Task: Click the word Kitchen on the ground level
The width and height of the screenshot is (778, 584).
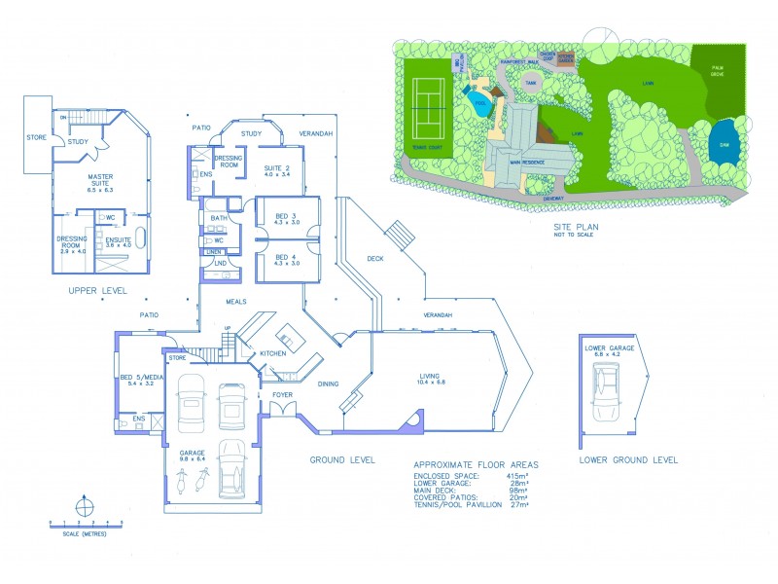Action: [272, 352]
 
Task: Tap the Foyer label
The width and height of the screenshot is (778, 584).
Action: [282, 395]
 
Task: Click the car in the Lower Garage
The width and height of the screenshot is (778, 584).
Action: [608, 397]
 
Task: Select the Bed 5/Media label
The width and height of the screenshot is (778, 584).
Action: [137, 381]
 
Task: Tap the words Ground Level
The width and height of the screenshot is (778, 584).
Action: [342, 459]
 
